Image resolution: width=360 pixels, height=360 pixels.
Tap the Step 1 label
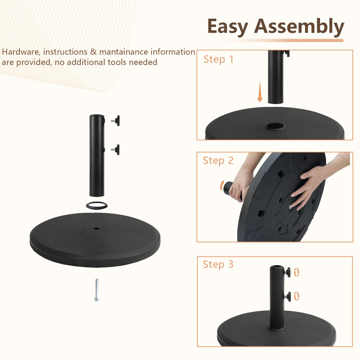219,59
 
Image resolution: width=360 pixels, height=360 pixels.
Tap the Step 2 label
218,161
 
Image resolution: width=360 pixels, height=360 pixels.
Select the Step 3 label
218,264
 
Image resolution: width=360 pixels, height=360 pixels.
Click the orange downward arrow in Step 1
260,91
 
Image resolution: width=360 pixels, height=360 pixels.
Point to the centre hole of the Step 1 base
275,126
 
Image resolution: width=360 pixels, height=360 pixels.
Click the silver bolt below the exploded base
96,289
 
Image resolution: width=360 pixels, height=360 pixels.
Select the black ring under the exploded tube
96,205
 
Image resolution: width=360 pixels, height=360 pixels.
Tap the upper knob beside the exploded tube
116,121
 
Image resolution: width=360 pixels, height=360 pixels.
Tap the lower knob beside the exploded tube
116,150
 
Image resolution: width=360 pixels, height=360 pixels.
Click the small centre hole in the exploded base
96,229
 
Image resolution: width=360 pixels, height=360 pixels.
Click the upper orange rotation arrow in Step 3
296,272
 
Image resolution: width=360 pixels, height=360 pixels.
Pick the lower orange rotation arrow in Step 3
296,296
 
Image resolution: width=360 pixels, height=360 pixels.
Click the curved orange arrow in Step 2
222,185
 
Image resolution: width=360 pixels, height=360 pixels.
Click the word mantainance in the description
123,52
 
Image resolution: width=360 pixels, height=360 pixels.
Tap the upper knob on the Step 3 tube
287,272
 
